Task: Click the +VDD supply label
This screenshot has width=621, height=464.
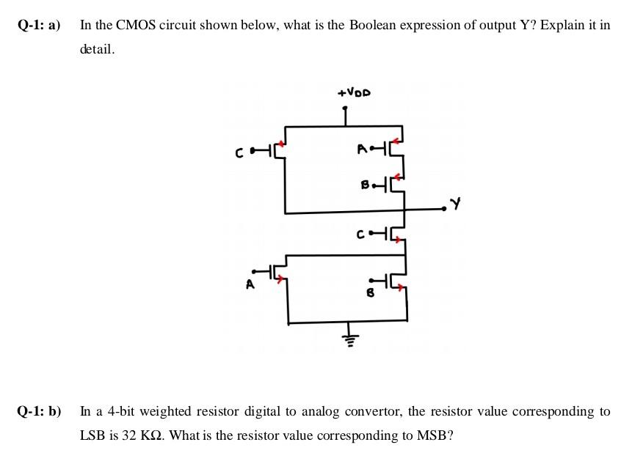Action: tap(354, 93)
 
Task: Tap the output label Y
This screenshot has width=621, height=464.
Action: tap(456, 205)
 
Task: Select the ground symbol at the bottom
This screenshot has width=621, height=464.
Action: tap(351, 338)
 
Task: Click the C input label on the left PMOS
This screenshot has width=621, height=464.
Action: tap(239, 154)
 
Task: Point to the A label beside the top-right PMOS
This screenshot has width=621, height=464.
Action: tap(361, 150)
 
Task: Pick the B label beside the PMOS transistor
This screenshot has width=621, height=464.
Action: tap(365, 185)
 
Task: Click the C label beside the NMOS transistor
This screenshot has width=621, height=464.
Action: tap(360, 235)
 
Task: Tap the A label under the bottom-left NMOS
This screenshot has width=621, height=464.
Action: tap(250, 286)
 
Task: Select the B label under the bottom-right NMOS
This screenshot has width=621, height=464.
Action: tap(370, 292)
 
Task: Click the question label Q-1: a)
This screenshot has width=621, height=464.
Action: tap(40, 25)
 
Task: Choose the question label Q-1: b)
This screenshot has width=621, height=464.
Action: tap(40, 411)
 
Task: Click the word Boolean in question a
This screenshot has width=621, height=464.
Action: tap(372, 25)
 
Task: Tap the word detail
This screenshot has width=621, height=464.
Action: tap(97, 50)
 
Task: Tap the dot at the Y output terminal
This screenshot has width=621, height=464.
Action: tap(444, 210)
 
